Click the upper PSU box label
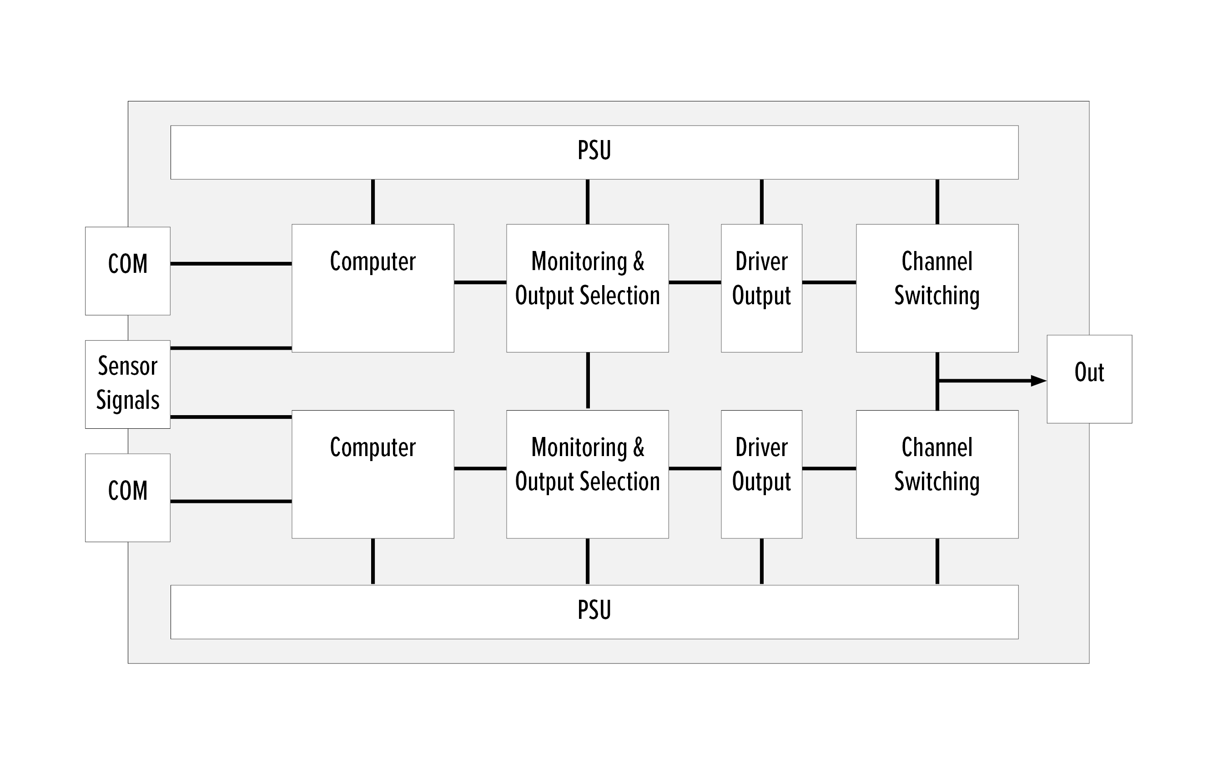(594, 151)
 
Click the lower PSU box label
(594, 610)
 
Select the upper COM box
(127, 271)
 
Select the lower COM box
(127, 497)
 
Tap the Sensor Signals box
(127, 384)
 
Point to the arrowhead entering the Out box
(1038, 381)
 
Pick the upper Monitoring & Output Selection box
(587, 288)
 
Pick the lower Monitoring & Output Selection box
(587, 474)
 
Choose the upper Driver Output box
(761, 288)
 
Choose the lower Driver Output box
(761, 474)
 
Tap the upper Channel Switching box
(937, 288)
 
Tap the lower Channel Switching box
(937, 474)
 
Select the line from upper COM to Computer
(231, 264)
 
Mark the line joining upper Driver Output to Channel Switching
(829, 282)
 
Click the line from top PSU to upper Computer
(372, 201)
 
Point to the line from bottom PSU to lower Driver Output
(762, 562)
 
